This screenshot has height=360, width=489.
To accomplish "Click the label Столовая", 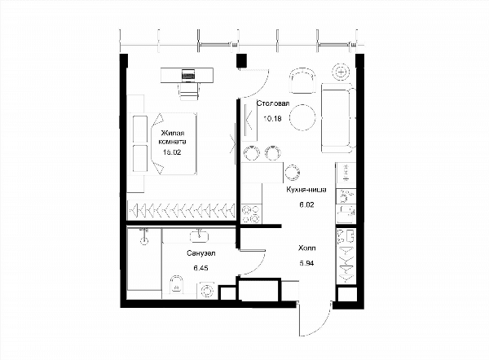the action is coord(273,103).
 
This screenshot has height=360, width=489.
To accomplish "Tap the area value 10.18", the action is coord(272,118).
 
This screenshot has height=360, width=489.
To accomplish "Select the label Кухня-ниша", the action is coord(306,190).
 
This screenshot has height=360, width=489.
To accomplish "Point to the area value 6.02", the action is coord(306,204).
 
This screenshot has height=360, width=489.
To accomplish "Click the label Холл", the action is coord(307,248).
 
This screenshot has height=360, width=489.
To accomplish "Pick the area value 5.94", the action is coord(307,263).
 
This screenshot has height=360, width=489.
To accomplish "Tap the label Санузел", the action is coord(201,253).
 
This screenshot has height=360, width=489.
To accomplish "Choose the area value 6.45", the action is coord(200,268).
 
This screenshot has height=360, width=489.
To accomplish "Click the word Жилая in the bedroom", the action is coord(173,134).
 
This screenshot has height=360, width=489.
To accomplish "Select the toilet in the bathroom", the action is coord(177,284).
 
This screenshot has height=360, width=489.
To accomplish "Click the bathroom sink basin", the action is coord(199,236).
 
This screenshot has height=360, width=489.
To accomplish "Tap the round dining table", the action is coord(302,117).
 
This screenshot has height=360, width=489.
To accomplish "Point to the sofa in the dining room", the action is coord(338,118).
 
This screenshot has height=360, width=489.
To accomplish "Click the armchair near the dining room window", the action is coord(302,81).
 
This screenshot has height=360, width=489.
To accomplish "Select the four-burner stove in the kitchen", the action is coord(251,214).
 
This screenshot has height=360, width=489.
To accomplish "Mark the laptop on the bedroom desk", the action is coord(188,75).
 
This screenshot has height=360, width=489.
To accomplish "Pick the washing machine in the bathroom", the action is coord(206,291).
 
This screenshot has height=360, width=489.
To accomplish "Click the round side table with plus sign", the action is coord(341,72).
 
